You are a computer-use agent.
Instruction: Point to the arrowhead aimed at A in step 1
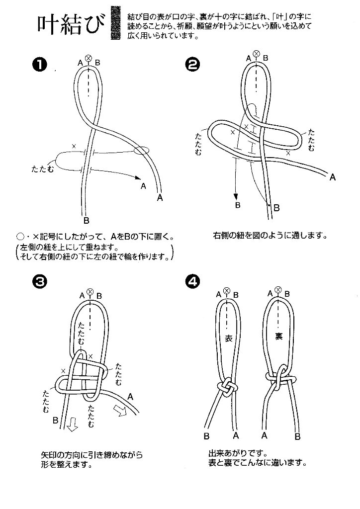coord(136,176)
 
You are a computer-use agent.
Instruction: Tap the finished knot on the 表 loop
coord(226,388)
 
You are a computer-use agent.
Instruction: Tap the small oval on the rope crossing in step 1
coord(141,150)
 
